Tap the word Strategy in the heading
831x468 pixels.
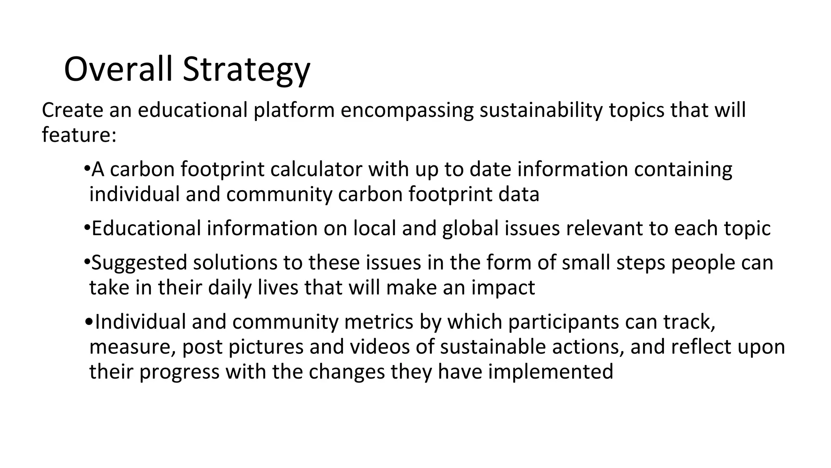click(x=246, y=70)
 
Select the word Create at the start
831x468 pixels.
click(x=72, y=110)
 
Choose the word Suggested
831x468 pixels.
click(x=139, y=263)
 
